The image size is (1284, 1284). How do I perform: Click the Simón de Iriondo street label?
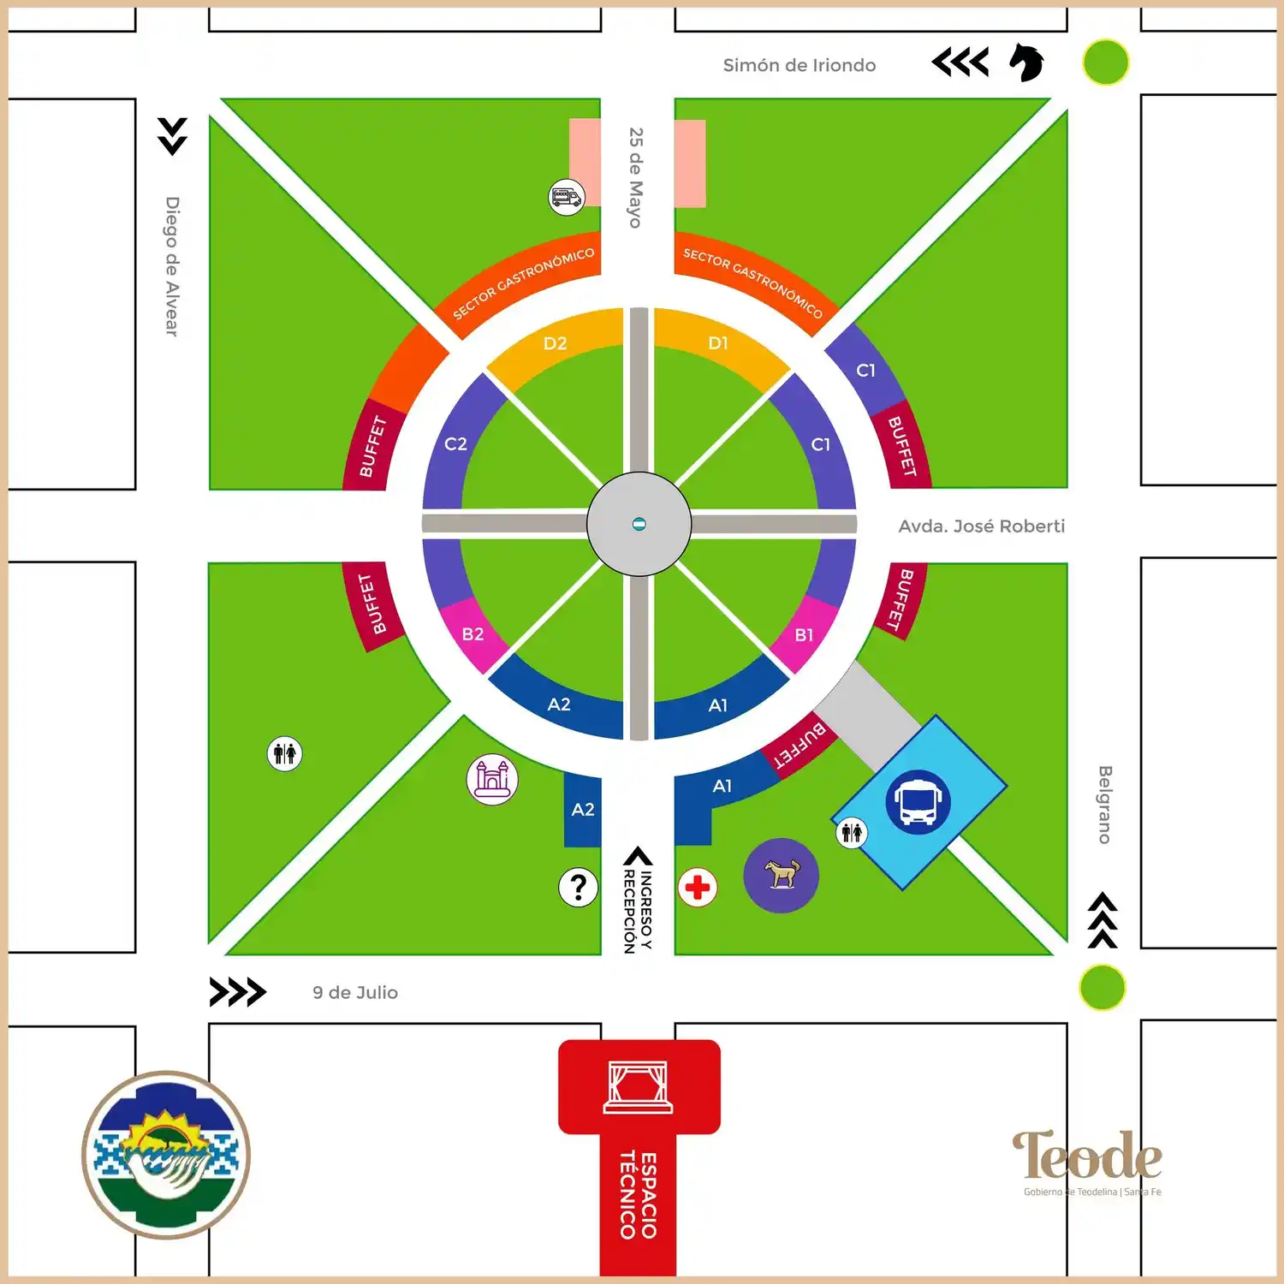coord(799,65)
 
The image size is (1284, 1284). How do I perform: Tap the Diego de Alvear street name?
coord(172,266)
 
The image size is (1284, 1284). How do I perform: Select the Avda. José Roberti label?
coord(981,526)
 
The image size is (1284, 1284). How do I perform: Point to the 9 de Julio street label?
coord(355,992)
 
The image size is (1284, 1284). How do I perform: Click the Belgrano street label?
coord(1105,805)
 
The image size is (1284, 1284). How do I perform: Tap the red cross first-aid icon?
coord(698,887)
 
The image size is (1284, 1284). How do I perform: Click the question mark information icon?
coord(579,888)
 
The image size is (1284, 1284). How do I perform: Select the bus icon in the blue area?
coord(918,801)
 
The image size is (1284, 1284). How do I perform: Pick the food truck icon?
coord(566,198)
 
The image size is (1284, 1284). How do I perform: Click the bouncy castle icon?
coord(492,779)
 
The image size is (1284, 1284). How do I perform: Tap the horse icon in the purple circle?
coord(781,875)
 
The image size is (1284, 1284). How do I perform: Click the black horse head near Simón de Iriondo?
coord(1026,62)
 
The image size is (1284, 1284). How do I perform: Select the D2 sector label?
coord(555,343)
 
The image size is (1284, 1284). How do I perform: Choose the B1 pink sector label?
coord(804,635)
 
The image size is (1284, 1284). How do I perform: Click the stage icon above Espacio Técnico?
coord(638,1086)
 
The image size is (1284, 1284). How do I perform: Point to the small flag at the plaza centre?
coord(639,524)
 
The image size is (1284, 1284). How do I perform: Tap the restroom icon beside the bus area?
coord(852,832)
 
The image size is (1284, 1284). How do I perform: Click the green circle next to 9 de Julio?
coord(1103,987)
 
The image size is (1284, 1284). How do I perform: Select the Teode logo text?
coord(1087,1155)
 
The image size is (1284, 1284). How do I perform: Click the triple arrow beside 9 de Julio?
coord(237,992)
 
